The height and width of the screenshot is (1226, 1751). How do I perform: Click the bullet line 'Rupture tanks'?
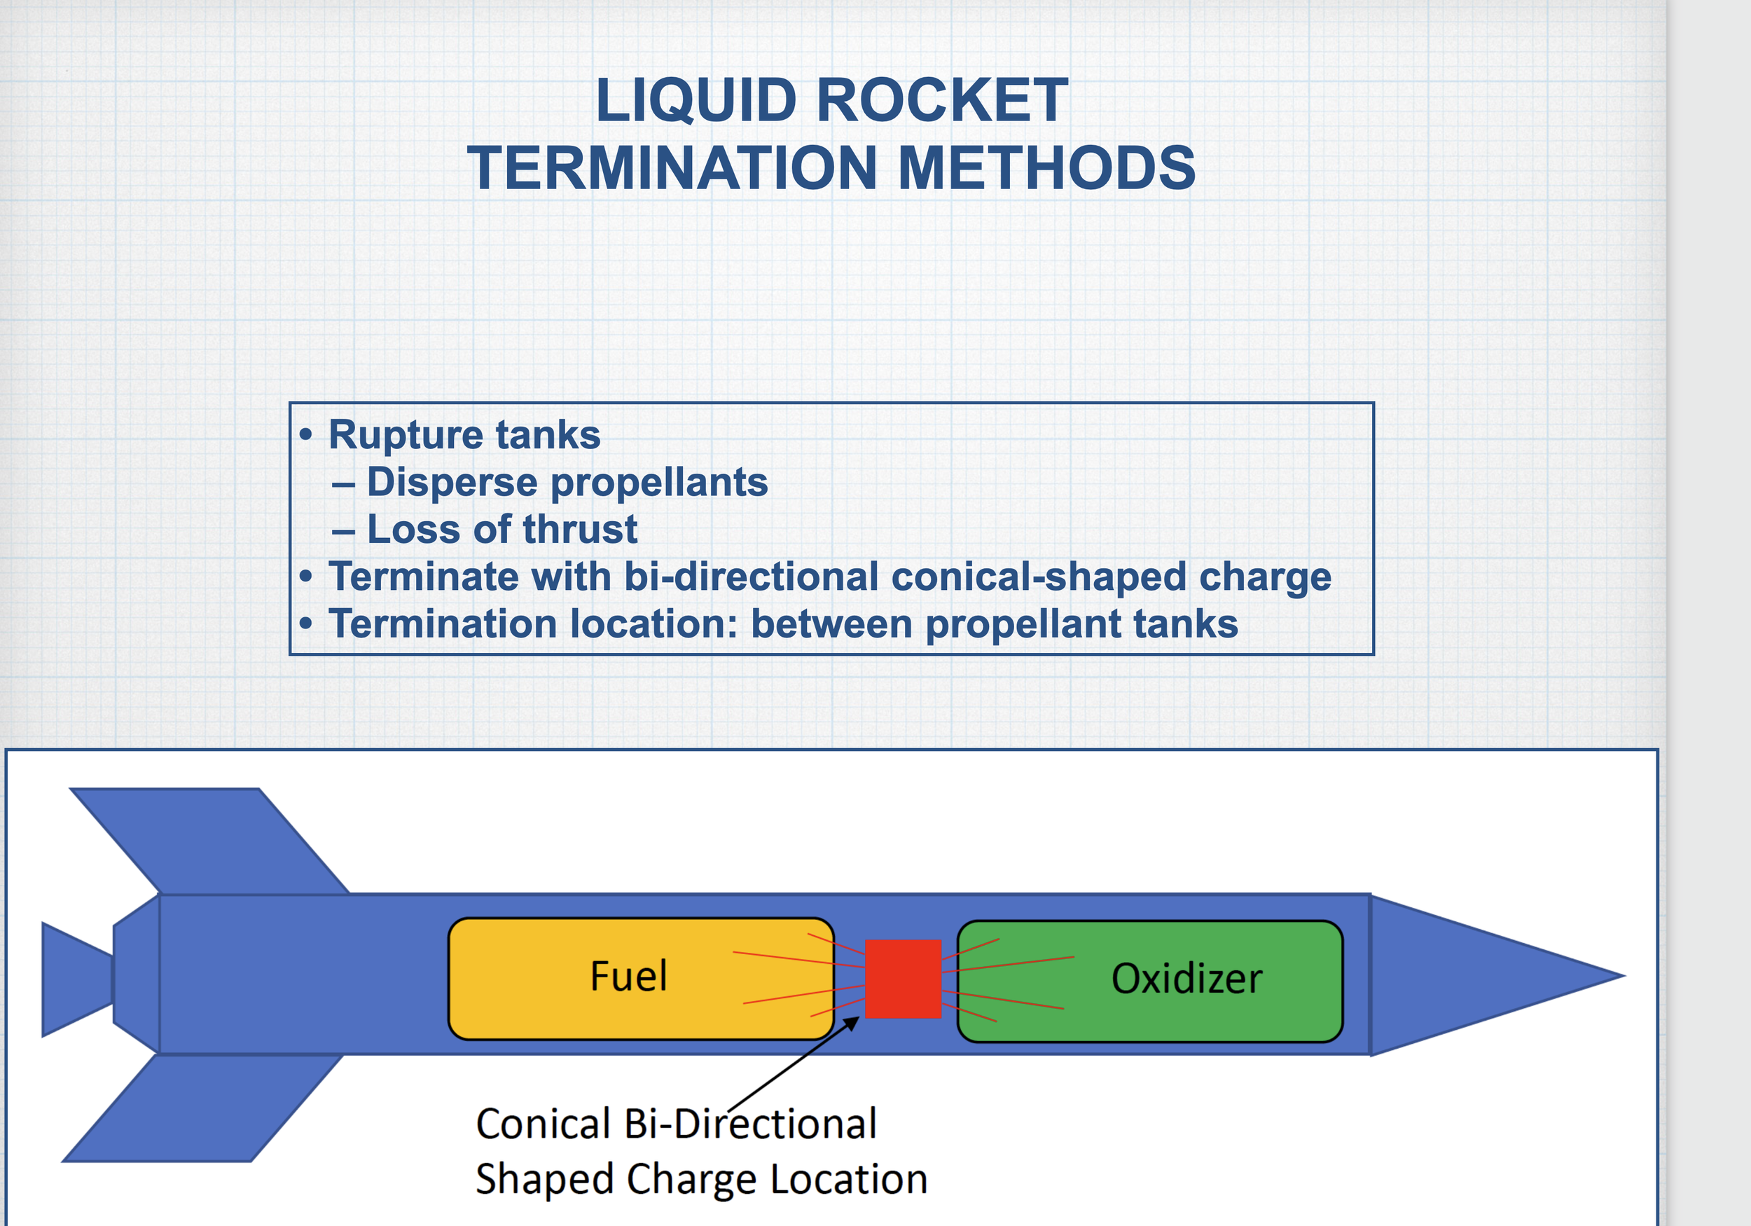[464, 435]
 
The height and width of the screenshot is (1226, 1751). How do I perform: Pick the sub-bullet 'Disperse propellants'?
[567, 482]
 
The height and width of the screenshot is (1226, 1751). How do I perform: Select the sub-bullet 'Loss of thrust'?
[501, 530]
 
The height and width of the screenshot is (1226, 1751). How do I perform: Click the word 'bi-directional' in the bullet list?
[750, 577]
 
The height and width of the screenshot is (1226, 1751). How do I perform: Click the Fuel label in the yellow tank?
[628, 976]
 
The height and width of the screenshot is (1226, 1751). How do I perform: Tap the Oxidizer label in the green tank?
[1186, 979]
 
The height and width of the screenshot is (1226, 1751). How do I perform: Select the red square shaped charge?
[903, 979]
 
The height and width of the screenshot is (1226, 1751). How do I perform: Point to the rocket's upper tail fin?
[206, 839]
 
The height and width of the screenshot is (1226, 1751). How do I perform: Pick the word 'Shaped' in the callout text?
[544, 1180]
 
